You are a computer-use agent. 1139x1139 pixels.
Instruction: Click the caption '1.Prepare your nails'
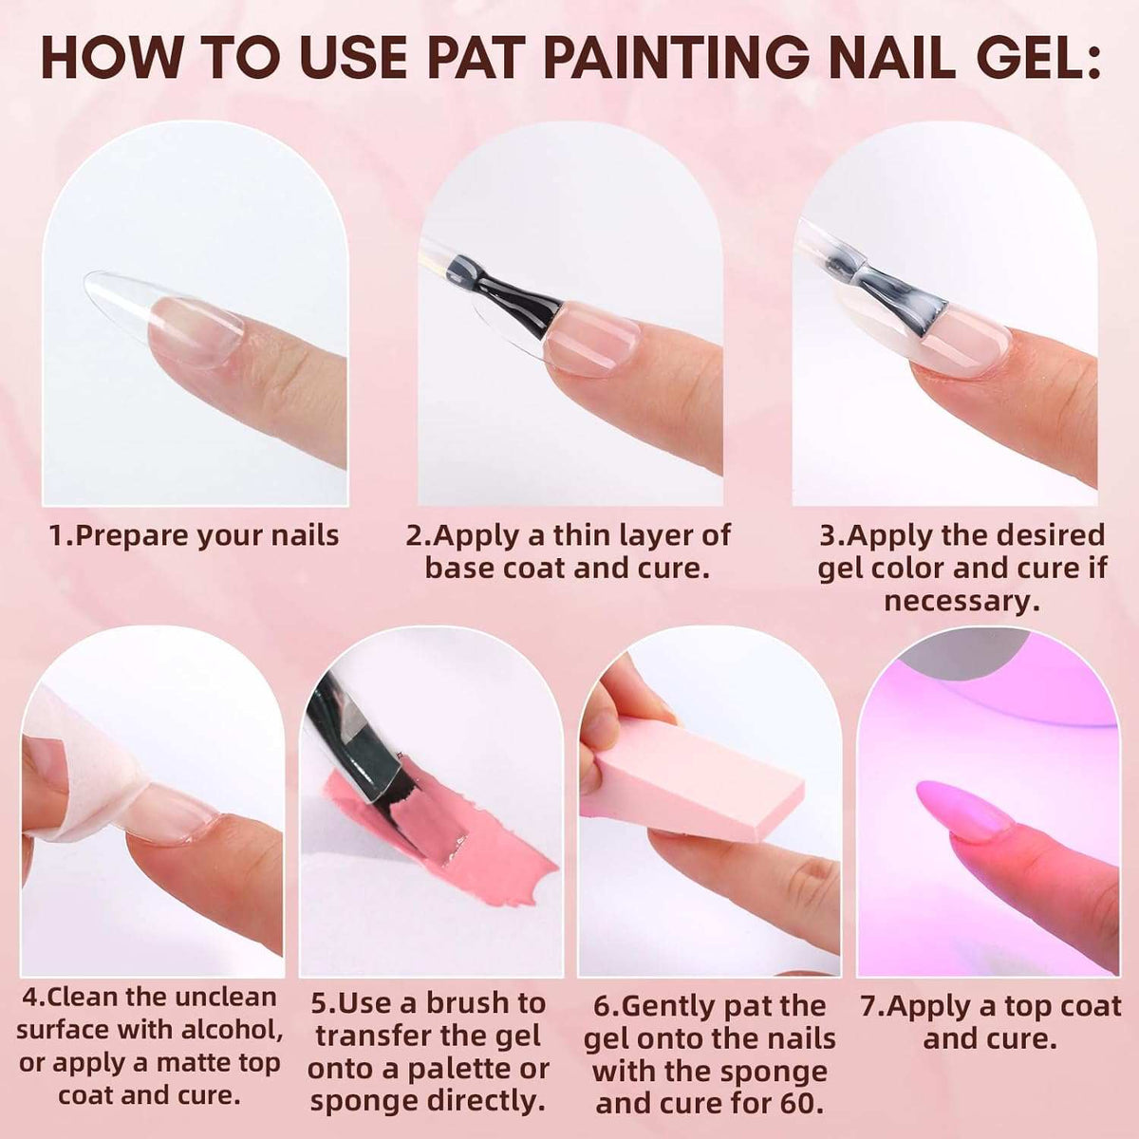coord(194,535)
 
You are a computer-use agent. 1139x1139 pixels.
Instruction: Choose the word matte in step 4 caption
coord(157,1062)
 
